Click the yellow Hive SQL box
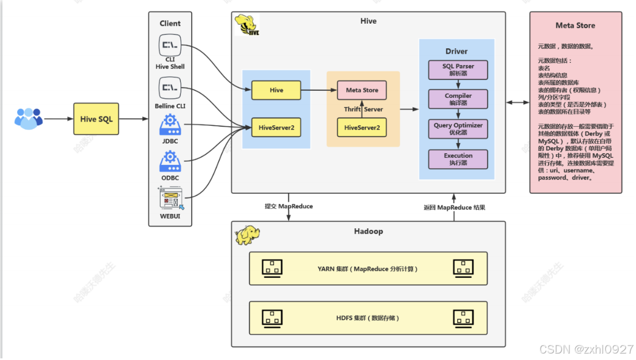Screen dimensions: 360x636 pyautogui.click(x=97, y=119)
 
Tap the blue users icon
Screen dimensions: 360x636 pyautogui.click(x=28, y=118)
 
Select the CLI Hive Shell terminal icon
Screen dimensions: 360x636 pyautogui.click(x=169, y=45)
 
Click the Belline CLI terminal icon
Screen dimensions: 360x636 pyautogui.click(x=169, y=88)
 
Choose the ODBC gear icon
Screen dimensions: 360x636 pyautogui.click(x=170, y=161)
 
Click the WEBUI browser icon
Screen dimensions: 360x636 pyautogui.click(x=170, y=198)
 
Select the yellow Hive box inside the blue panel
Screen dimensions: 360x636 pyautogui.click(x=276, y=90)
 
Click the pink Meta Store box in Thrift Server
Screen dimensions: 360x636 pyautogui.click(x=362, y=90)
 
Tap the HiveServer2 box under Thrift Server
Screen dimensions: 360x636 pyautogui.click(x=362, y=128)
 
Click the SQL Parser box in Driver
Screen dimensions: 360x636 pyautogui.click(x=458, y=69)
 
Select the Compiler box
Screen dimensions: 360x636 pyautogui.click(x=458, y=99)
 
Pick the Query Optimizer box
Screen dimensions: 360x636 pyautogui.click(x=458, y=128)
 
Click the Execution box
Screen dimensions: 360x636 pyautogui.click(x=458, y=159)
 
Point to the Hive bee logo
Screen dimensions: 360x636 pyautogui.click(x=247, y=25)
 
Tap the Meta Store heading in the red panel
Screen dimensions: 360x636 pyautogui.click(x=575, y=25)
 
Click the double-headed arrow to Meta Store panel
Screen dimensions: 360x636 pyautogui.click(x=517, y=102)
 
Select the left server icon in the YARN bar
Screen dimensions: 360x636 pyautogui.click(x=272, y=268)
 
